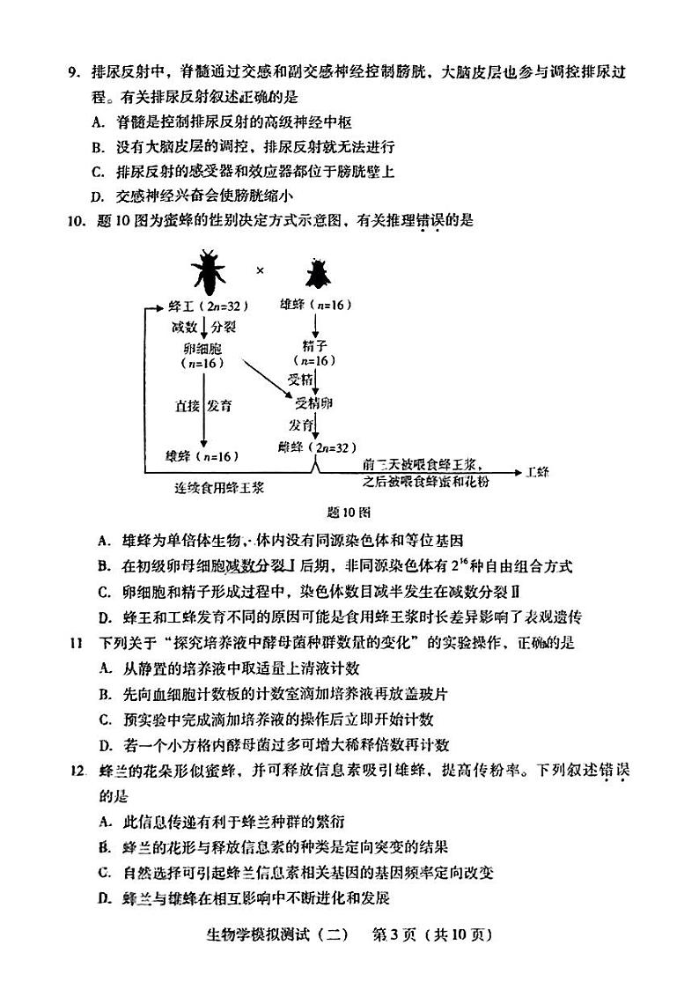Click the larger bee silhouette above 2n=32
tap(209, 272)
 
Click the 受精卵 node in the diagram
tap(313, 402)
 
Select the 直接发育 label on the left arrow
tap(202, 406)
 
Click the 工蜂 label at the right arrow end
tap(536, 472)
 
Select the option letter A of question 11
tap(104, 668)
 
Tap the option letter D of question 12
tap(104, 898)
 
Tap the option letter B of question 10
tap(104, 565)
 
